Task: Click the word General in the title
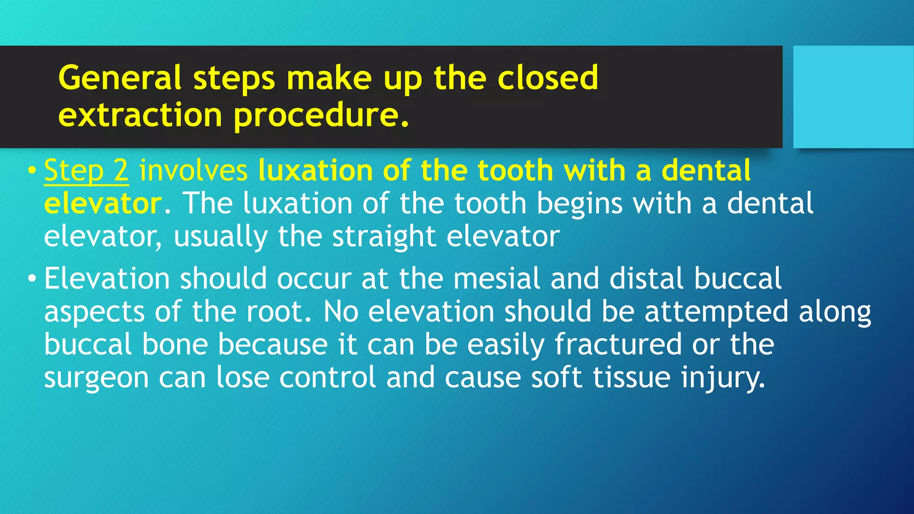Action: point(120,78)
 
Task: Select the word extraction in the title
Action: point(140,115)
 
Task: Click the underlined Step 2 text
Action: point(86,171)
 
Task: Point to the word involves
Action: point(193,171)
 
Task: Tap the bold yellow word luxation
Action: point(315,171)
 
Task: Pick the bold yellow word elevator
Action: point(103,203)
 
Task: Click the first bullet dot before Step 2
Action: point(31,171)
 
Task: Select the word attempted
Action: point(716,312)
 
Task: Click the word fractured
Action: point(618,344)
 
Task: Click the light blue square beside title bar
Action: point(853,96)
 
